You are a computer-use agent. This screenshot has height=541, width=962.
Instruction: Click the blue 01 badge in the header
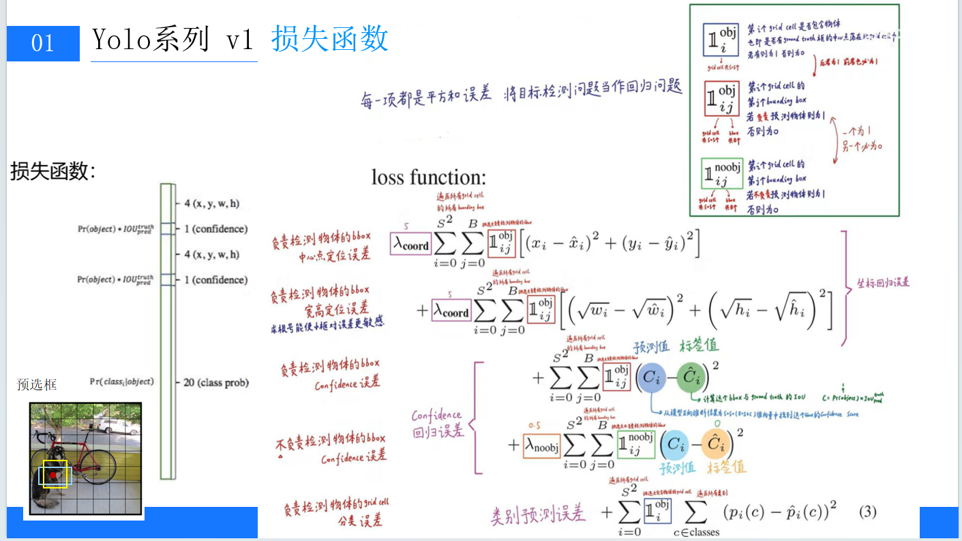pos(43,43)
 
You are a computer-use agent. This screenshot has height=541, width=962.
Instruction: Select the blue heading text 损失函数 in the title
pos(330,39)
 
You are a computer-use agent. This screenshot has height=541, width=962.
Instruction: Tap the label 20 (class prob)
pos(216,383)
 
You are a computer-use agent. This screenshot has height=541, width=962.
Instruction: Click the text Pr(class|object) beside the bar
pos(121,381)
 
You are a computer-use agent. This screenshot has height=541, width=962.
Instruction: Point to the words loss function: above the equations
pos(429,177)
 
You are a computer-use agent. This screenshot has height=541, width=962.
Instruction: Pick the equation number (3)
pos(867,511)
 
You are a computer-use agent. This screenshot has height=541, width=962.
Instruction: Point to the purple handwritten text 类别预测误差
pos(538,514)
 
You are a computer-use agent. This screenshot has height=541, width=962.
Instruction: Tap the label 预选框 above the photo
pos(37,385)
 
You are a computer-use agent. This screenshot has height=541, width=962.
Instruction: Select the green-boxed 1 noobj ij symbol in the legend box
pos(722,174)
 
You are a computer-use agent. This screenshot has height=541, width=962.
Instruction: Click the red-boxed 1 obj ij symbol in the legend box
pos(721,99)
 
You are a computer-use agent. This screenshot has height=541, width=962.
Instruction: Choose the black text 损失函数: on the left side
pos(53,171)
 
